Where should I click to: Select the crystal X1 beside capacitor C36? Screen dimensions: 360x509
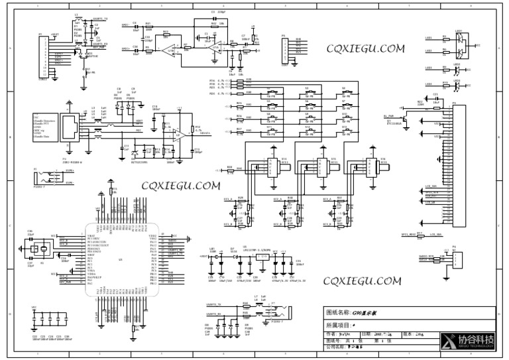pyautogui.click(x=40, y=249)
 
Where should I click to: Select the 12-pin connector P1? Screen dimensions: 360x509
pyautogui.click(x=44, y=56)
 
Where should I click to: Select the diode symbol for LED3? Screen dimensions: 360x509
pyautogui.click(x=456, y=86)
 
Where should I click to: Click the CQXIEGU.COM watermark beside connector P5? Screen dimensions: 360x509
pyautogui.click(x=365, y=48)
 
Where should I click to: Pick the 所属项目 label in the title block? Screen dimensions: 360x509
pyautogui.click(x=341, y=326)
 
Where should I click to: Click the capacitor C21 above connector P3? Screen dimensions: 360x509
pyautogui.click(x=435, y=99)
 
